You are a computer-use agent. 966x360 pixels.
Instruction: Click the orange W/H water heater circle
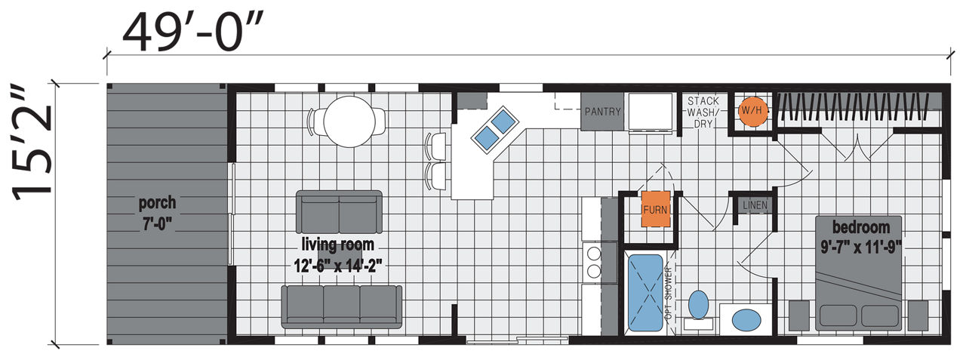(x=751, y=111)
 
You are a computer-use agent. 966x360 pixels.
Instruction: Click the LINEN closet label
(x=754, y=205)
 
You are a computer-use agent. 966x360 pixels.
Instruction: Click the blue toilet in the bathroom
(x=699, y=305)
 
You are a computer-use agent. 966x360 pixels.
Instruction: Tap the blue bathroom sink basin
(x=745, y=317)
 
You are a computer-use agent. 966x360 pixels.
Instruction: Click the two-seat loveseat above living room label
(x=340, y=211)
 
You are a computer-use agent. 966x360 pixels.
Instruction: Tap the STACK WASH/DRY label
(x=703, y=112)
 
